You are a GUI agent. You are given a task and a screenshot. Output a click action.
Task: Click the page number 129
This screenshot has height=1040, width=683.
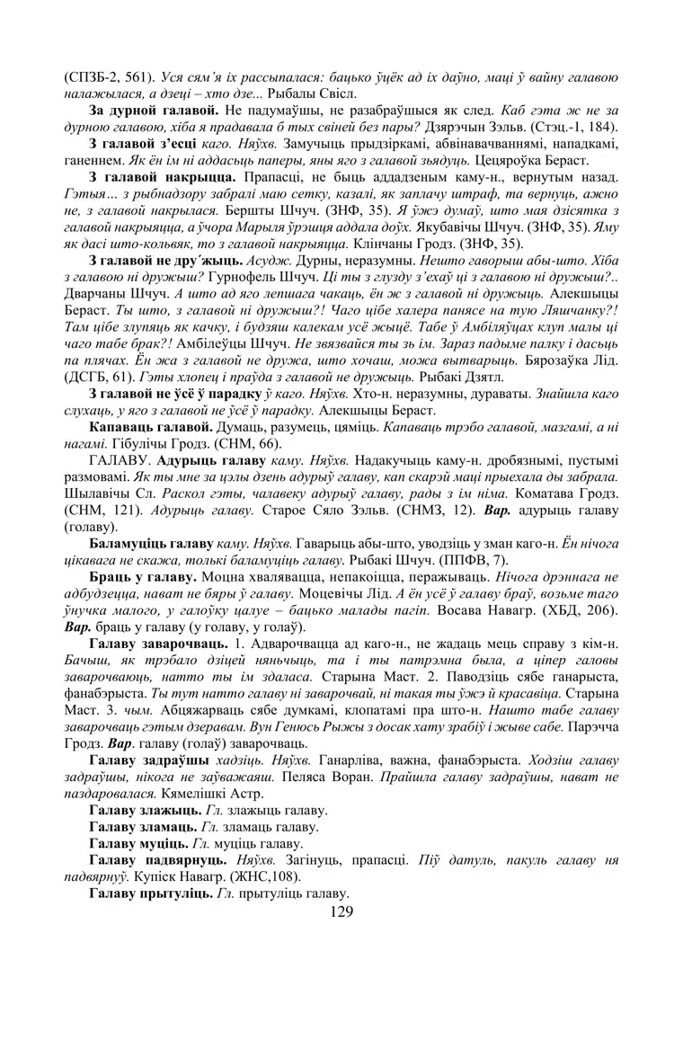[341, 912]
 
